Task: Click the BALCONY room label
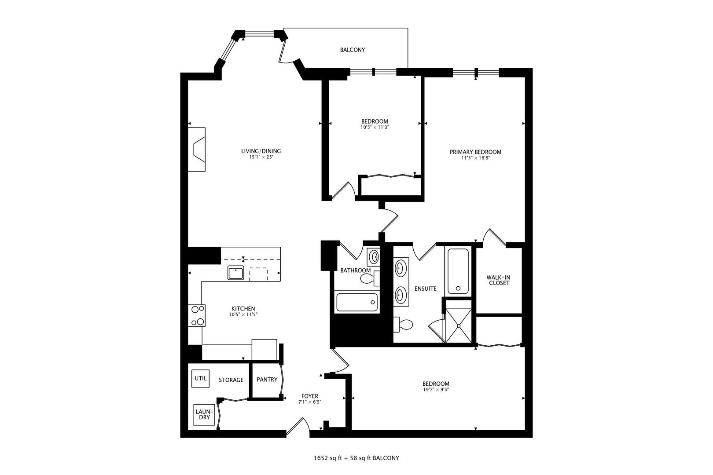click(352, 50)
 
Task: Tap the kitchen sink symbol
click(236, 273)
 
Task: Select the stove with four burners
click(197, 315)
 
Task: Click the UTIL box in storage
click(201, 378)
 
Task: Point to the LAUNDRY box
click(203, 415)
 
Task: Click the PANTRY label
click(267, 380)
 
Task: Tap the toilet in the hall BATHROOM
click(368, 278)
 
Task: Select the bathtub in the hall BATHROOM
click(356, 302)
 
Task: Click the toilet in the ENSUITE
click(404, 325)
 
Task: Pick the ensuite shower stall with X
click(459, 326)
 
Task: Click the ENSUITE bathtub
click(458, 271)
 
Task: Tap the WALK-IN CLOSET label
click(498, 280)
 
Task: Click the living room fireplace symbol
click(197, 150)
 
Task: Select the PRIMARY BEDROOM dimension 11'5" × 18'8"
click(475, 158)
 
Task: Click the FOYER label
click(310, 396)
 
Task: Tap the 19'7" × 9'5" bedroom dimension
click(436, 390)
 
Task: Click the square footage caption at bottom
click(356, 458)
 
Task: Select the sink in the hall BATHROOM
click(374, 256)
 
